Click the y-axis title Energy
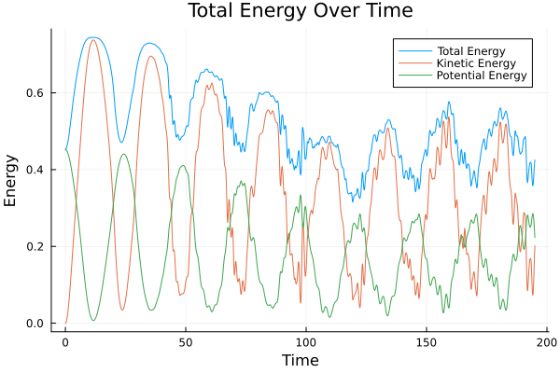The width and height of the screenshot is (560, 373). point(12,181)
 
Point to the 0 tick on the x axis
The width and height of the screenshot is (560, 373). point(65,341)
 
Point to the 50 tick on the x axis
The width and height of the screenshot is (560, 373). point(186,341)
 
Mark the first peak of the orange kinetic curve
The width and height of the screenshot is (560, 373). point(92,39)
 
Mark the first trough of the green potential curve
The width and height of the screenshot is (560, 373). point(93,321)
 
